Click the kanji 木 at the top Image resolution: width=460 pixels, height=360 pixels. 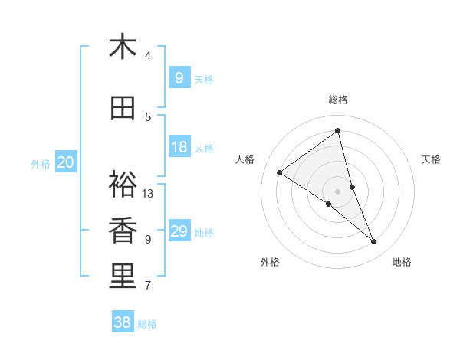(x=123, y=47)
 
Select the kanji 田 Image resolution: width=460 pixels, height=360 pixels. (x=123, y=109)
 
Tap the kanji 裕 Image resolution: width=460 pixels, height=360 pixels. (x=123, y=184)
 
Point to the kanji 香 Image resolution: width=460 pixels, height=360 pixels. (x=123, y=231)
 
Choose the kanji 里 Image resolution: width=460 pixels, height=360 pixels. (x=123, y=277)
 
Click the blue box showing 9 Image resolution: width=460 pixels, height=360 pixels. (x=179, y=77)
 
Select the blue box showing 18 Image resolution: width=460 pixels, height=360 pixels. (x=179, y=147)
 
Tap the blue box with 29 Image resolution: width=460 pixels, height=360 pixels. (x=179, y=231)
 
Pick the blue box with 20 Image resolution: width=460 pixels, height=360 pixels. (x=66, y=162)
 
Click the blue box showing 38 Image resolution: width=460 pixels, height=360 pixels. (x=123, y=322)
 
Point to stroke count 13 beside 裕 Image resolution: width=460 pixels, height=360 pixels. (x=148, y=193)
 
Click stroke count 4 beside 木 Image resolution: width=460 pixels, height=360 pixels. (x=148, y=56)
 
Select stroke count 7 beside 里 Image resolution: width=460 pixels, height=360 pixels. (x=148, y=286)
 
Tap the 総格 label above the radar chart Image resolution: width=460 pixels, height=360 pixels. (x=338, y=100)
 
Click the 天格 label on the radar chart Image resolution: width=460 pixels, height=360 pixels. (x=432, y=159)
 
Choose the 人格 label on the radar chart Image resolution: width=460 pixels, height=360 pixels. (x=245, y=159)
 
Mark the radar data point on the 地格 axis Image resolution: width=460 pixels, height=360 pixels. (x=374, y=241)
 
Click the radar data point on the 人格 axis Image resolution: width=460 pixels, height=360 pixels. (x=280, y=172)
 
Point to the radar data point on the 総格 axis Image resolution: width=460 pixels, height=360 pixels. (x=338, y=131)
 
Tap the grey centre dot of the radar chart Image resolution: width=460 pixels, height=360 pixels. (x=338, y=191)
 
